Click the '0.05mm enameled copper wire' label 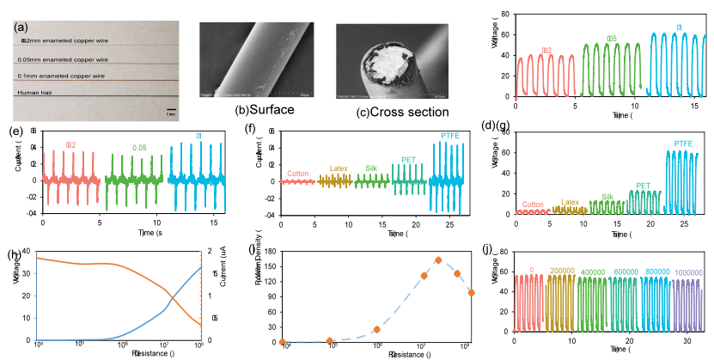tap(64, 59)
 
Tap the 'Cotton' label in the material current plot tap(299, 174)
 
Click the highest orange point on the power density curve tap(438, 259)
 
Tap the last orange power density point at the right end tap(471, 293)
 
